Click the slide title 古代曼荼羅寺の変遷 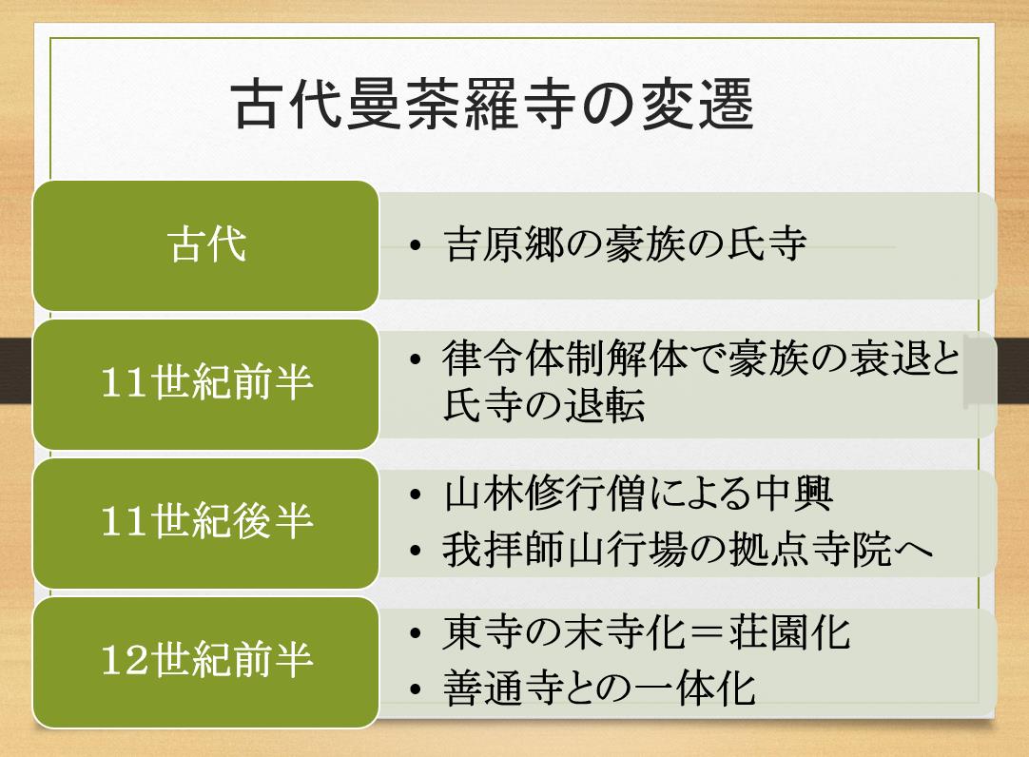tap(493, 105)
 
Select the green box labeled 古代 tap(205, 245)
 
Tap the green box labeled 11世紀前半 tap(205, 384)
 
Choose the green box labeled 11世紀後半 tap(205, 523)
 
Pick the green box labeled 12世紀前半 tap(205, 662)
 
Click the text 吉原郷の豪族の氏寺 tap(625, 244)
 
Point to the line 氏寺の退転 tap(544, 405)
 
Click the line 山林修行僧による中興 tap(638, 494)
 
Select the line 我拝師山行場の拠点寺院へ tap(688, 549)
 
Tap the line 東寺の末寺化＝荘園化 tap(647, 632)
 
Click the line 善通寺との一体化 tap(599, 689)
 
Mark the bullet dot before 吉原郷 tap(415, 246)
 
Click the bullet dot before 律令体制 tap(415, 359)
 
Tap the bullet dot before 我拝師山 tap(415, 551)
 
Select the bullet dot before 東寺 tap(415, 634)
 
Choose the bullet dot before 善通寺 tap(415, 690)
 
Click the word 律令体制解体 tap(564, 359)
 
